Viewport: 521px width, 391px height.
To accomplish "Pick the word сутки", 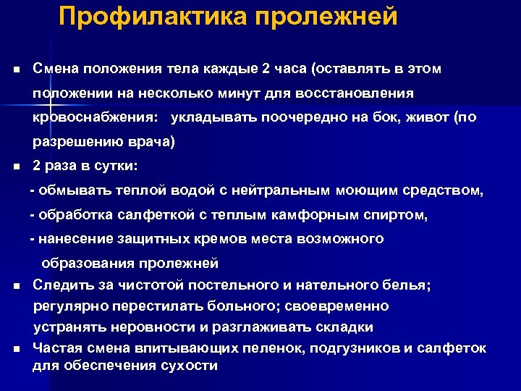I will coord(119,166).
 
